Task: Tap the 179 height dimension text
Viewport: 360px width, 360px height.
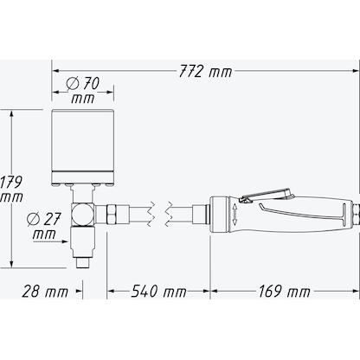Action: (11, 189)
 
